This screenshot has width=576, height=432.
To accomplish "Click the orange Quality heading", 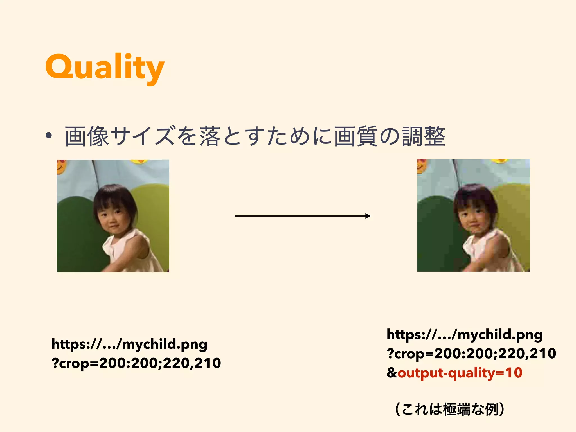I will [105, 67].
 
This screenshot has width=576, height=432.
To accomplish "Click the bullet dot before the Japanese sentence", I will [49, 136].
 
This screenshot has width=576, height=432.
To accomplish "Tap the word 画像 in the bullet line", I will [87, 137].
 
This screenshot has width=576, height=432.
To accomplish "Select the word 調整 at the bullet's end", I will [424, 137].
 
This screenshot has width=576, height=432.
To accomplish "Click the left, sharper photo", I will [113, 216].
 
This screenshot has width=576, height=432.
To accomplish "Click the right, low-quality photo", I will [473, 215].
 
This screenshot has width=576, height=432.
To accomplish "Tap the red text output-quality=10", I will [460, 373].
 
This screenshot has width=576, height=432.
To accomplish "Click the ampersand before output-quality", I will [392, 373].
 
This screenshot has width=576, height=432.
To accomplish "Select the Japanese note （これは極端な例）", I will [449, 409].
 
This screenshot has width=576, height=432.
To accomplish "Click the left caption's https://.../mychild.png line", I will [129, 344].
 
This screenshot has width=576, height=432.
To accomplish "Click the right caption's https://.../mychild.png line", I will [464, 335].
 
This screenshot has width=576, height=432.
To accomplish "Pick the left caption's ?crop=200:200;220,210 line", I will [136, 363].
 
